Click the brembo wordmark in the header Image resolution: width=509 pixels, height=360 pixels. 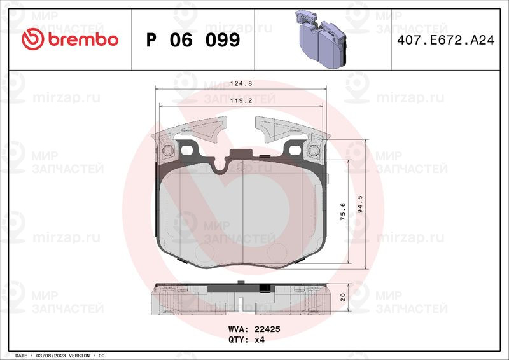(x=83, y=39)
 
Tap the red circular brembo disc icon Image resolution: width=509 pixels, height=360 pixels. (x=33, y=39)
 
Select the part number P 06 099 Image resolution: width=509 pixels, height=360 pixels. (x=193, y=40)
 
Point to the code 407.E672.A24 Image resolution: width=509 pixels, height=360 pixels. (x=446, y=40)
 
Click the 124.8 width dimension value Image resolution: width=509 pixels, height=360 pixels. (x=241, y=83)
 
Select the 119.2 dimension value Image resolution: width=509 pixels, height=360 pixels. (x=241, y=100)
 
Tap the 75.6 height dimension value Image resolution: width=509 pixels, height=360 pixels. (x=343, y=212)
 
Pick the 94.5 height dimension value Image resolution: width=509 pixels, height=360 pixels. (x=359, y=204)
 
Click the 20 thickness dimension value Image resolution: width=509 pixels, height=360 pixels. (x=343, y=297)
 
